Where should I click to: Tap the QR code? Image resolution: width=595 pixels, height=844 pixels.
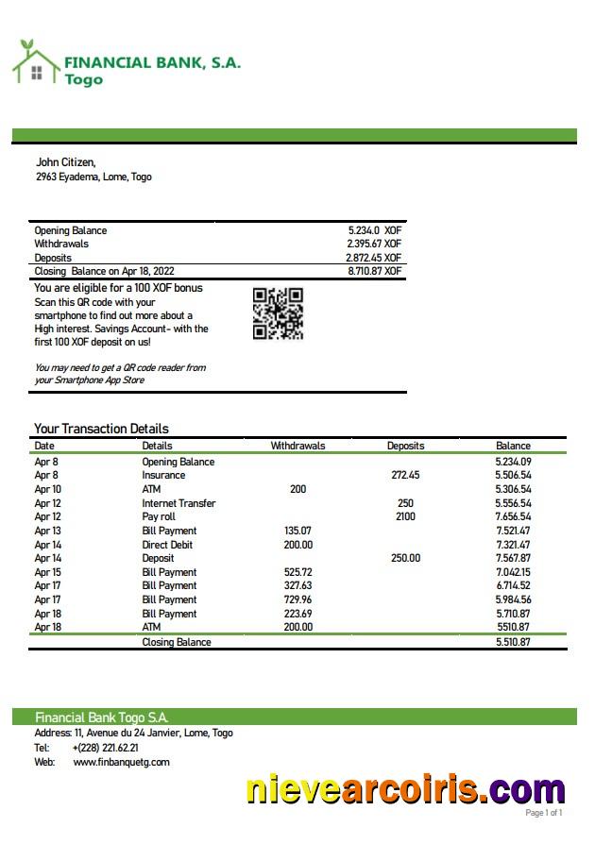pyautogui.click(x=278, y=313)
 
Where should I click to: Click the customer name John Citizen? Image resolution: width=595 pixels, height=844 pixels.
pyautogui.click(x=66, y=162)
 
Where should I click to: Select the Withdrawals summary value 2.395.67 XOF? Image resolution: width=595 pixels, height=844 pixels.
pyautogui.click(x=374, y=244)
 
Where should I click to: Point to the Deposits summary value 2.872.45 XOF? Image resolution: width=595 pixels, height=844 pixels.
pyautogui.click(x=374, y=258)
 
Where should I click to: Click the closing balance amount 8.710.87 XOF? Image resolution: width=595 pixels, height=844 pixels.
pyautogui.click(x=374, y=271)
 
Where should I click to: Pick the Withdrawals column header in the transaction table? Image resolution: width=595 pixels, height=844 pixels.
pyautogui.click(x=297, y=446)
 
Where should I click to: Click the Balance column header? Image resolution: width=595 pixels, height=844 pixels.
pyautogui.click(x=513, y=446)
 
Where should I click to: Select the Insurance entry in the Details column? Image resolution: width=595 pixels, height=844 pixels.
pyautogui.click(x=163, y=476)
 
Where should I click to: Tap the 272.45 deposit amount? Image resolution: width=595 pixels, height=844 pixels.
pyautogui.click(x=405, y=476)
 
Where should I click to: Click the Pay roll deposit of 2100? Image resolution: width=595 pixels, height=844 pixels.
pyautogui.click(x=405, y=517)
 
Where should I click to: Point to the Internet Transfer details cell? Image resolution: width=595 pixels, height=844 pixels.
pyautogui.click(x=178, y=503)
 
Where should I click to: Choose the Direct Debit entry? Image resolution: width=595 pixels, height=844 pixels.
pyautogui.click(x=168, y=545)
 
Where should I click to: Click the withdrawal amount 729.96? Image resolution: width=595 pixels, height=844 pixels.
pyautogui.click(x=297, y=599)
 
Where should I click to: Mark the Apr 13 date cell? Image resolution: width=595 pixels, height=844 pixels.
pyautogui.click(x=47, y=531)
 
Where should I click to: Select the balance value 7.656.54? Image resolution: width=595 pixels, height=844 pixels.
pyautogui.click(x=513, y=517)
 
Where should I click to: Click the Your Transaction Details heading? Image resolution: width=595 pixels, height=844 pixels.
pyautogui.click(x=101, y=429)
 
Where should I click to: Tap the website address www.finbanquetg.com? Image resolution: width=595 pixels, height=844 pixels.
pyautogui.click(x=121, y=762)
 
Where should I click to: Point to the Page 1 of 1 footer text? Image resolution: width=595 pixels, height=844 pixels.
pyautogui.click(x=543, y=813)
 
